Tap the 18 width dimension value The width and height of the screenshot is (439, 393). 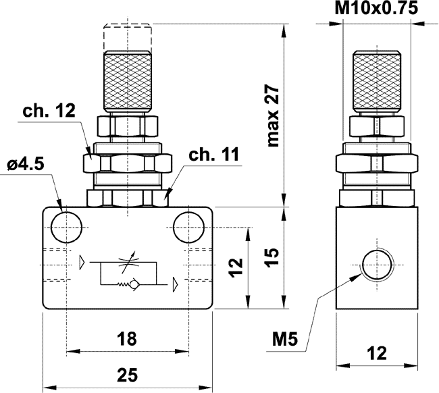click(x=127, y=337)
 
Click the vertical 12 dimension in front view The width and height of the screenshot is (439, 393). click(x=234, y=267)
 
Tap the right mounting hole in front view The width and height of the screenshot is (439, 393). click(x=186, y=227)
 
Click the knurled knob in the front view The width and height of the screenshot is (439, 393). click(x=127, y=79)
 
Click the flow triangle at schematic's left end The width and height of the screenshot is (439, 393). click(x=82, y=261)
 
